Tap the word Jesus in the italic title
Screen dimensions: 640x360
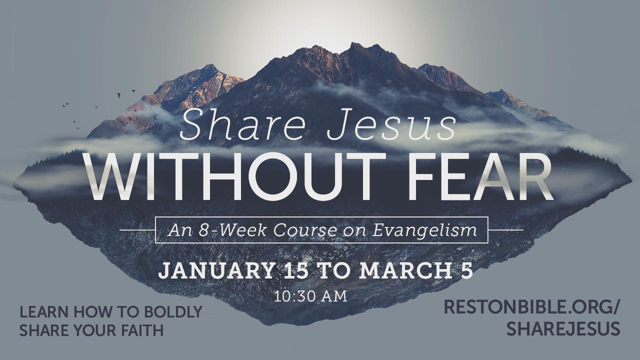tap(391, 125)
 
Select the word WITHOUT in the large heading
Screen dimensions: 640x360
tap(235, 177)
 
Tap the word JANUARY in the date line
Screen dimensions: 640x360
tap(216, 271)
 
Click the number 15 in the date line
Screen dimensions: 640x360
tap(297, 270)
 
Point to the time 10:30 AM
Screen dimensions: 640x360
tap(310, 296)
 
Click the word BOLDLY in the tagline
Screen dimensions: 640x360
tap(173, 311)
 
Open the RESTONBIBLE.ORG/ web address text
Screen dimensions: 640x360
tap(531, 306)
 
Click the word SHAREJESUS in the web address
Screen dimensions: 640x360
tap(563, 328)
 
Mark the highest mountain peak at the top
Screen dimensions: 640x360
tap(355, 43)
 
